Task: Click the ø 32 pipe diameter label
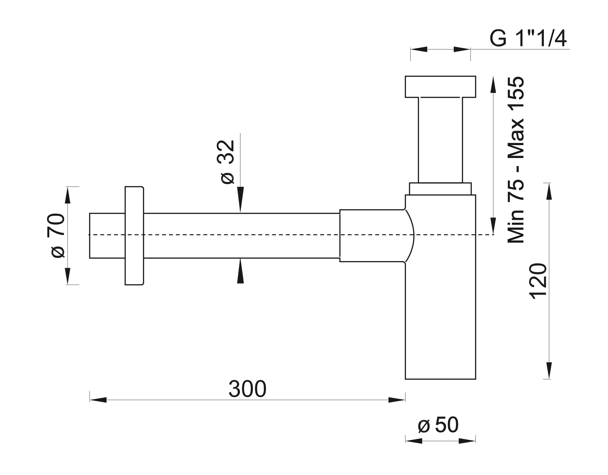(228, 162)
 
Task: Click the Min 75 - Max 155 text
(516, 160)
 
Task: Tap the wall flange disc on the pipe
(134, 236)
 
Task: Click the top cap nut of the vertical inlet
(440, 87)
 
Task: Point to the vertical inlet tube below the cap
(440, 140)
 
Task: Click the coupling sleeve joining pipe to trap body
(372, 236)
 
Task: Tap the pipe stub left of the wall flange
(107, 236)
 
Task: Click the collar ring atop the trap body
(440, 189)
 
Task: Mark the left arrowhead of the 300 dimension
(98, 400)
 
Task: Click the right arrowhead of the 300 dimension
(397, 400)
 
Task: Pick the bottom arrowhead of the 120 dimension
(547, 371)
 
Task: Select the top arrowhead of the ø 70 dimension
(68, 195)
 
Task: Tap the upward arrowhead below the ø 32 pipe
(240, 271)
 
